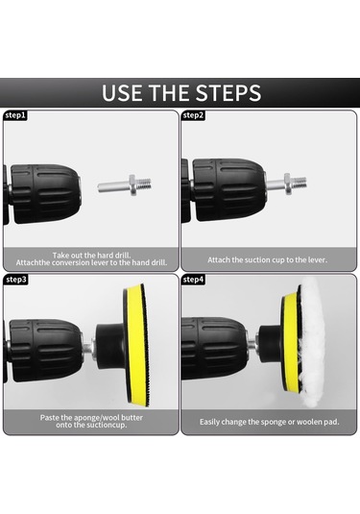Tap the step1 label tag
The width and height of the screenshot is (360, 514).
(15, 115)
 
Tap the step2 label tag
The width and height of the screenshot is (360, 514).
(193, 115)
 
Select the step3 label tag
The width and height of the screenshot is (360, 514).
(15, 280)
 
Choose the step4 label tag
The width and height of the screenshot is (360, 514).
(193, 280)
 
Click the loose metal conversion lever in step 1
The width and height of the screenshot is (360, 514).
(125, 184)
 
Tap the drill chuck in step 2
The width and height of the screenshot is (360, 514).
(228, 189)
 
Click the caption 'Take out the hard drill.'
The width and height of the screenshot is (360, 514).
(91, 255)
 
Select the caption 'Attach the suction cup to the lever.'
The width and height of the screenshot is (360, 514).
(267, 260)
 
